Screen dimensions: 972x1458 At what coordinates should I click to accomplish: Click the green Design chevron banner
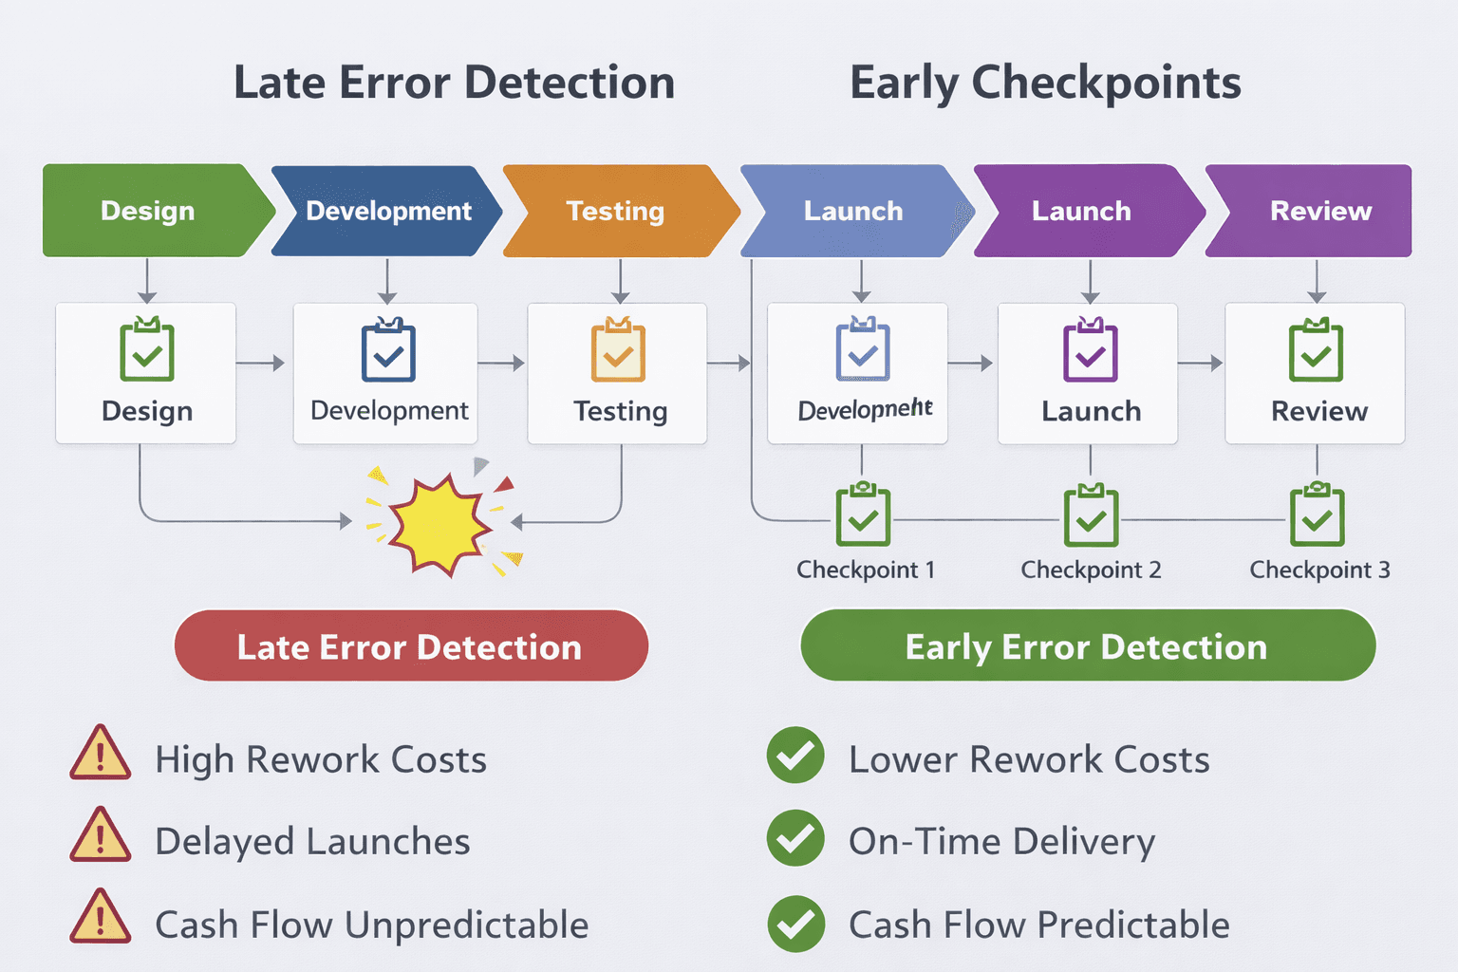pyautogui.click(x=147, y=211)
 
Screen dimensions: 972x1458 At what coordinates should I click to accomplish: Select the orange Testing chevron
pyautogui.click(x=616, y=211)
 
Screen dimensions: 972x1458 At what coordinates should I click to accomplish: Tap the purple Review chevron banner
pyautogui.click(x=1315, y=211)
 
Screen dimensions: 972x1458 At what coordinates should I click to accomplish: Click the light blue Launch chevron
pyautogui.click(x=853, y=211)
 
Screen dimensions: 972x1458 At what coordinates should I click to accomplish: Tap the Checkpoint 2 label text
pyautogui.click(x=1091, y=570)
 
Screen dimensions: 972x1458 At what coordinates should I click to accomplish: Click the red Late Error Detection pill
pyautogui.click(x=410, y=646)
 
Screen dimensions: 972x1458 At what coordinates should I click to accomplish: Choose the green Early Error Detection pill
pyautogui.click(x=1087, y=646)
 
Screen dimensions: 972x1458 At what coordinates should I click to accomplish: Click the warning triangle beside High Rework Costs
pyautogui.click(x=100, y=755)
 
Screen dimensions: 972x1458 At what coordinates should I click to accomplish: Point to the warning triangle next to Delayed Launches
pyautogui.click(x=100, y=836)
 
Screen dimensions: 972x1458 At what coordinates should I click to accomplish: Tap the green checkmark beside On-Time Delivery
pyautogui.click(x=795, y=838)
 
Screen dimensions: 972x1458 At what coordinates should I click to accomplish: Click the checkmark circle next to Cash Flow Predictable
pyautogui.click(x=795, y=924)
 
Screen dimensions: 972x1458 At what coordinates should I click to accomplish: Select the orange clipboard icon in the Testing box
pyautogui.click(x=618, y=351)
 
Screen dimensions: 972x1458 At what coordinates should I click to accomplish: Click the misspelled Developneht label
pyautogui.click(x=865, y=409)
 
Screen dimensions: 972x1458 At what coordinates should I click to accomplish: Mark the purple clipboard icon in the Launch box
pyautogui.click(x=1091, y=351)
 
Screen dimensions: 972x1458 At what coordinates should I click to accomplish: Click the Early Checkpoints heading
pyautogui.click(x=1045, y=83)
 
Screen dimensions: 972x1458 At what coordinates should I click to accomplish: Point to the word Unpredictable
pyautogui.click(x=466, y=925)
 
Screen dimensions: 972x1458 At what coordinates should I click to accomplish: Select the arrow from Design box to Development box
pyautogui.click(x=261, y=363)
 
